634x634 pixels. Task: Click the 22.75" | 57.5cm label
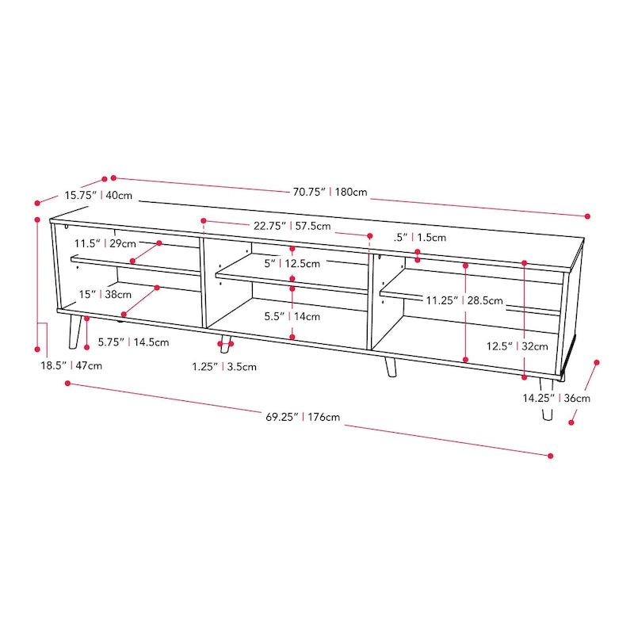tap(292, 226)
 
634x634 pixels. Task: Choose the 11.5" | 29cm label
tap(105, 243)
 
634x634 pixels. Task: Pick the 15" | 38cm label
tap(105, 294)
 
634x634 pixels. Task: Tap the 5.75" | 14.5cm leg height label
tap(133, 343)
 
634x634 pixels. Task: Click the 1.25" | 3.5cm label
tap(224, 366)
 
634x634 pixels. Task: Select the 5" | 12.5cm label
tap(292, 263)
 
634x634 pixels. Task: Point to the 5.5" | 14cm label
tap(292, 316)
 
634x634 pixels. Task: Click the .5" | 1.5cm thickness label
tap(420, 237)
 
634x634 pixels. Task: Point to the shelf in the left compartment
tap(135, 265)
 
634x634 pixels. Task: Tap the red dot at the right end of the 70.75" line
tap(588, 216)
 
